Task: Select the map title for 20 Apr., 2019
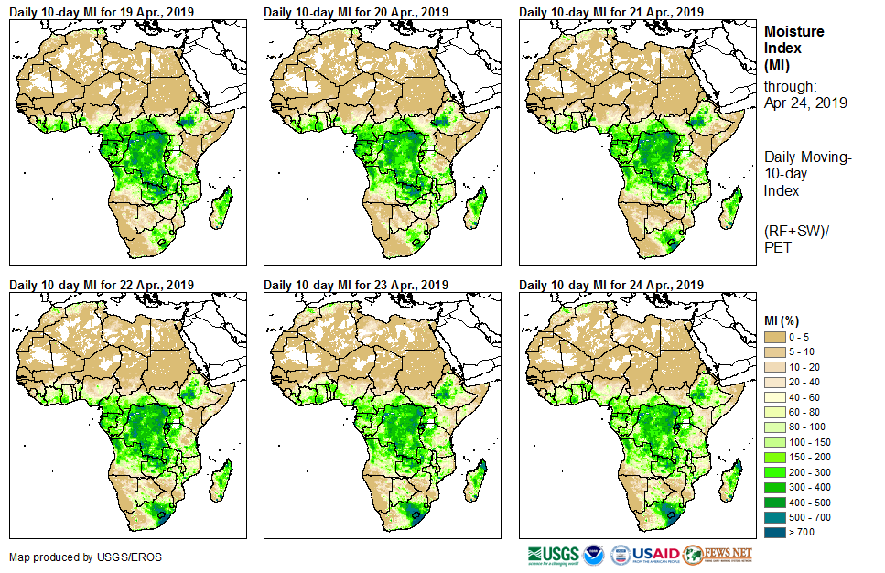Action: pos(356,12)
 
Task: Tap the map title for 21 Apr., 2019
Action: pos(611,12)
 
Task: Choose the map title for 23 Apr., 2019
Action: pos(356,285)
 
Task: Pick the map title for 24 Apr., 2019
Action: pos(611,285)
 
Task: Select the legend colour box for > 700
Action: pos(775,532)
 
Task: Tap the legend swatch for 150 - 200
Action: pos(775,458)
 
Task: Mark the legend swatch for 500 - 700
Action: pos(775,517)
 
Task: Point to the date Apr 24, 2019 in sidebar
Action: pos(805,103)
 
